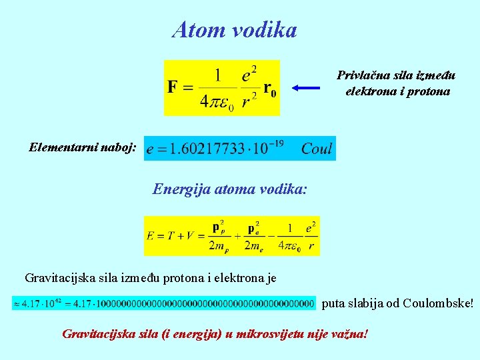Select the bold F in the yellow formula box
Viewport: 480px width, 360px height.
pos(173,88)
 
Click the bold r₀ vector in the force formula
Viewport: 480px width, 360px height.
pos(269,89)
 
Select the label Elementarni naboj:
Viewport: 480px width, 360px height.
pos(83,147)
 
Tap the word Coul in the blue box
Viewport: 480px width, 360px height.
pos(316,148)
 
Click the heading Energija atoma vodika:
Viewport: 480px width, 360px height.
pos(230,189)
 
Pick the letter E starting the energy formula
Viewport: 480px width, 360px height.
pos(151,235)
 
